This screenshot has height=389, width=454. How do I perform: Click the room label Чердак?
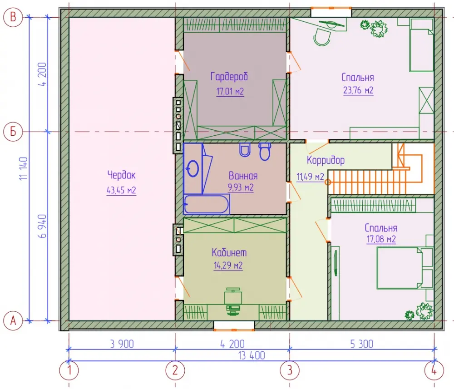[x=121, y=175]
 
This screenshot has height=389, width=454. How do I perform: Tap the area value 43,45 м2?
[x=121, y=191]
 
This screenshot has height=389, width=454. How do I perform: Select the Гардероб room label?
[x=229, y=77]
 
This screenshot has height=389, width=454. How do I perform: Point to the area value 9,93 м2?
[x=241, y=187]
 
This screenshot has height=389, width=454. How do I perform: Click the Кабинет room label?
[x=229, y=252]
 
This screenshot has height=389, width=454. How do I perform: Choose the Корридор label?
[x=326, y=160]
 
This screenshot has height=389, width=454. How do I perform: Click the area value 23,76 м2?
[x=358, y=90]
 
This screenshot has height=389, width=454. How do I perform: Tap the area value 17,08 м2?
[x=381, y=239]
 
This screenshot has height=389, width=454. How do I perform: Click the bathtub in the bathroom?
[x=207, y=204]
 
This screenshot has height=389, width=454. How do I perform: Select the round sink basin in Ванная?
[x=193, y=168]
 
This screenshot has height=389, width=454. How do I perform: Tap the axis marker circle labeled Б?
[x=13, y=132]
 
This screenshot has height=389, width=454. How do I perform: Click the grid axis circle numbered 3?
[x=290, y=371]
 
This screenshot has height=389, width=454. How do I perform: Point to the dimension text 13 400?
[x=252, y=356]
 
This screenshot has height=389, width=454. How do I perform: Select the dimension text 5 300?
[x=362, y=344]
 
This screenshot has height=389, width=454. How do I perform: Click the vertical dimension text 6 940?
[x=42, y=227]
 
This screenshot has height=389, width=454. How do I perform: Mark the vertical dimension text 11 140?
[x=24, y=169]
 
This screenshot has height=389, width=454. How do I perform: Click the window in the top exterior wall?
[x=331, y=12]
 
